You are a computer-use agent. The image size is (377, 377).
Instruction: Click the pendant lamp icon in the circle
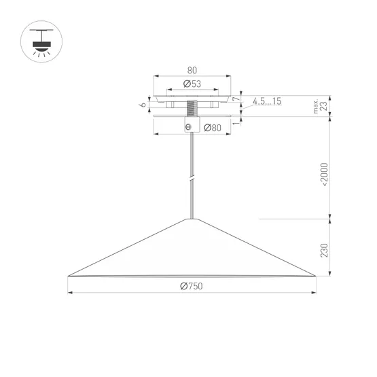(43, 42)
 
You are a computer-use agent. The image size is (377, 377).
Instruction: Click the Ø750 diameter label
(191, 286)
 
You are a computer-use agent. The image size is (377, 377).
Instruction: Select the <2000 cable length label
(324, 176)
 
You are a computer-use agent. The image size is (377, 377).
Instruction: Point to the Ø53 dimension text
(192, 84)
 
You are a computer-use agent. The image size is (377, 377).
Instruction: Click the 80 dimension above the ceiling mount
(192, 70)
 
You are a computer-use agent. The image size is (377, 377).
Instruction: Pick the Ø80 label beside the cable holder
(212, 128)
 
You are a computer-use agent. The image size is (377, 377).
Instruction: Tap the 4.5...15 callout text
(267, 101)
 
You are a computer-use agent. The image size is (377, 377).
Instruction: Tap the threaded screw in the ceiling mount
(192, 107)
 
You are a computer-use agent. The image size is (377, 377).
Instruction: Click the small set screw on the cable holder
(188, 127)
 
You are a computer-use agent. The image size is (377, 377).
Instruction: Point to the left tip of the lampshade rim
(69, 275)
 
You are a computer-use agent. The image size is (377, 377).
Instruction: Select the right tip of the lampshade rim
(315, 275)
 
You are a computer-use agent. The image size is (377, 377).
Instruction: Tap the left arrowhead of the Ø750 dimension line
(71, 293)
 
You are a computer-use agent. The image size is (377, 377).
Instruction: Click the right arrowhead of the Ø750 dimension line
(313, 293)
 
